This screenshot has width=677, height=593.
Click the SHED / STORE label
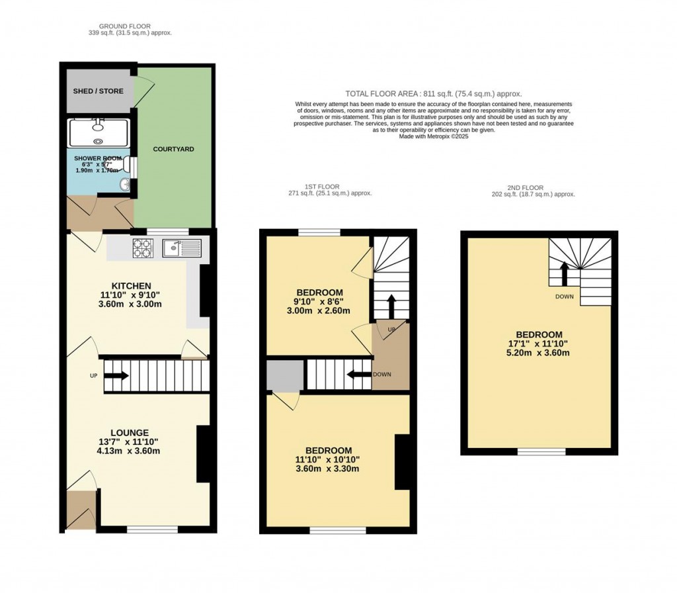(x=98, y=91)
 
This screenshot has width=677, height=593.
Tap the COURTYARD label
(x=174, y=149)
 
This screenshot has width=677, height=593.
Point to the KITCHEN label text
(x=136, y=285)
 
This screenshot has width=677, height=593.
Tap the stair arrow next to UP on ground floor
(x=116, y=376)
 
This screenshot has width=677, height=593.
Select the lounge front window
(x=153, y=529)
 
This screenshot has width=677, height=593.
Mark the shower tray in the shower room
(x=99, y=132)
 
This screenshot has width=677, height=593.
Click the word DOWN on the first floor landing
(x=382, y=374)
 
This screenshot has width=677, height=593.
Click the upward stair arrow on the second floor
(x=564, y=272)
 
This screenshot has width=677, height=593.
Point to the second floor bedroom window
(x=541, y=451)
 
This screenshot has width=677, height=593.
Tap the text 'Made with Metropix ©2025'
(x=433, y=136)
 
